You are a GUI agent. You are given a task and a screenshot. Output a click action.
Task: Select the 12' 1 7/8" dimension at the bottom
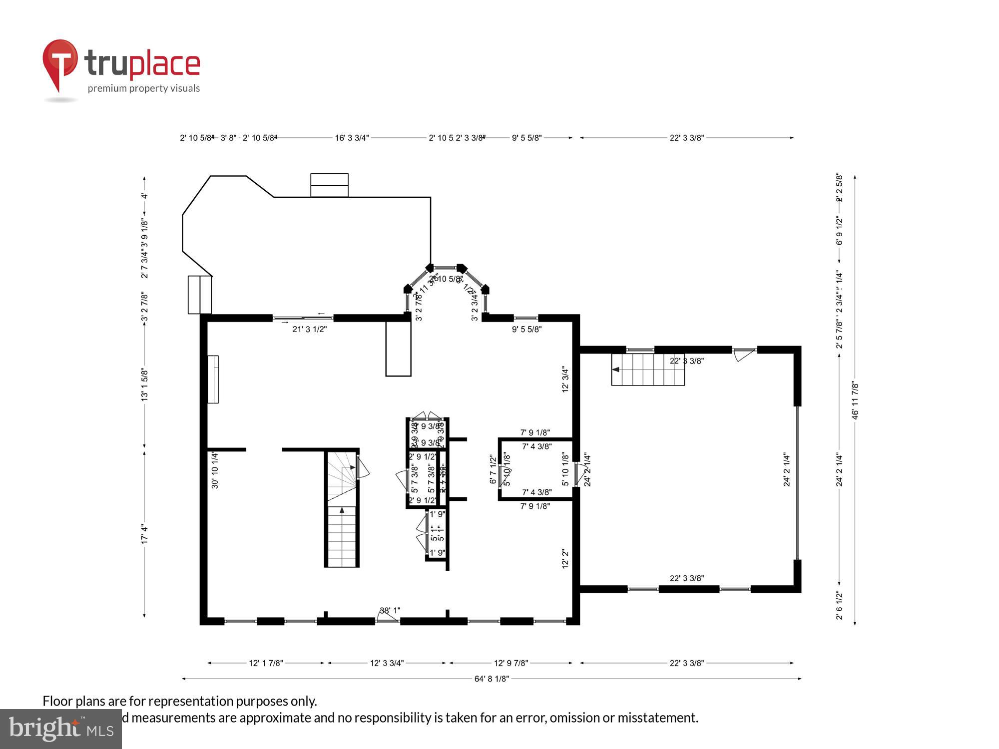(x=266, y=663)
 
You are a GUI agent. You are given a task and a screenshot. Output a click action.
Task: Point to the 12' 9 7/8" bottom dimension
(x=511, y=663)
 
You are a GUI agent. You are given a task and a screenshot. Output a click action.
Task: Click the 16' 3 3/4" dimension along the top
(x=352, y=138)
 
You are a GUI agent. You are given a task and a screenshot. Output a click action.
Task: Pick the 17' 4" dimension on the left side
(x=145, y=534)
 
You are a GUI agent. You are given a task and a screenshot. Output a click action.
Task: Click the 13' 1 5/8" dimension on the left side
(x=145, y=384)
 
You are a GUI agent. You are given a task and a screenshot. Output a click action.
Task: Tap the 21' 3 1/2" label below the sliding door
(x=309, y=329)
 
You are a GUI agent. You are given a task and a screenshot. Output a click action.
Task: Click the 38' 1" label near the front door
(x=390, y=611)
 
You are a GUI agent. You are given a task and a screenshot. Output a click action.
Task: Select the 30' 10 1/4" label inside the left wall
(x=215, y=470)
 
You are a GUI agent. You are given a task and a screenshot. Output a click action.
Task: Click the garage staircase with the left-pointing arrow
(x=648, y=370)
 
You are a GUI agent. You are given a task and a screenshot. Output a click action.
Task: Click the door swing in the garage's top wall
(x=744, y=355)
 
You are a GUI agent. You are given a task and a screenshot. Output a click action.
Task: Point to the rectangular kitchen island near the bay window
(x=398, y=348)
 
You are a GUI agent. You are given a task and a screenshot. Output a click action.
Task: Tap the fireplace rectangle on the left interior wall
(x=213, y=379)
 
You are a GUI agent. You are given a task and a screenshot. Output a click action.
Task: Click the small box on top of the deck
(x=329, y=185)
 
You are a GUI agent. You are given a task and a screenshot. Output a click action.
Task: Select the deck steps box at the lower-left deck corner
(x=200, y=295)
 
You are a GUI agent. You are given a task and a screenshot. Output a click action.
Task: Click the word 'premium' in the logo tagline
(x=104, y=88)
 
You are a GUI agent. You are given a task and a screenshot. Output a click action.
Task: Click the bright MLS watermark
(x=60, y=729)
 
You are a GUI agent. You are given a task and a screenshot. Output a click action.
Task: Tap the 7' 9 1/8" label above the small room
(x=535, y=432)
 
